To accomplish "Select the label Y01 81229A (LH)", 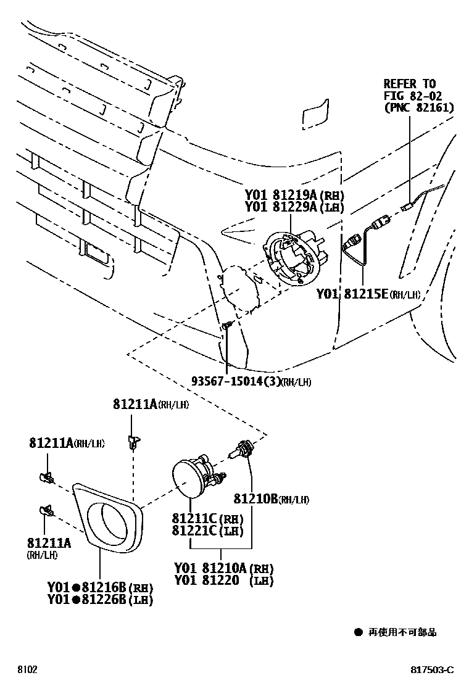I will pos(294,207).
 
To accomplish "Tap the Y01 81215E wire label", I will pos(368,294).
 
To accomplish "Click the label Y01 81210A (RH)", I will pos(223,568).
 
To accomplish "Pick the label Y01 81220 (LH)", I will pos(223,581).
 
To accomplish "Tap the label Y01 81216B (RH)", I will pos(100,587).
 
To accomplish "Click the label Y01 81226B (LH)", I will pos(100,599).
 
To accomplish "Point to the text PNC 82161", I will pos(419,107).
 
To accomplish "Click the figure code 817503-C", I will pos(433,670).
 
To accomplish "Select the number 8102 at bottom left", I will pos(27,670).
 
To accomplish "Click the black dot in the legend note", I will pos(357,632).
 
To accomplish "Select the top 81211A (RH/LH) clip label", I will pos(151,405).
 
